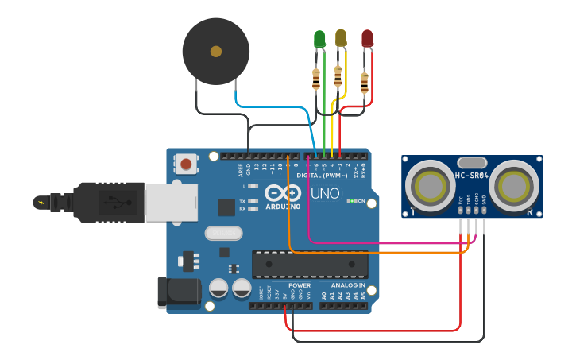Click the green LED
[319, 39]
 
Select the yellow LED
[341, 37]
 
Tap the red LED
[367, 38]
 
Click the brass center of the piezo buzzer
[215, 52]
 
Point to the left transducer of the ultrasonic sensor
[430, 187]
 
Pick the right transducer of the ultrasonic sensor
[514, 187]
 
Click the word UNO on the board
[323, 193]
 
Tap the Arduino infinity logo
[284, 193]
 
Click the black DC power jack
[176, 292]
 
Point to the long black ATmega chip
[309, 265]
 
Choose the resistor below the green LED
[318, 78]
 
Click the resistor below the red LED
[365, 82]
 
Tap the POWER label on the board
[299, 285]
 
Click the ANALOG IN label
[343, 285]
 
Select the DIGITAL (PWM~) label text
[327, 175]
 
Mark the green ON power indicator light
[350, 201]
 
